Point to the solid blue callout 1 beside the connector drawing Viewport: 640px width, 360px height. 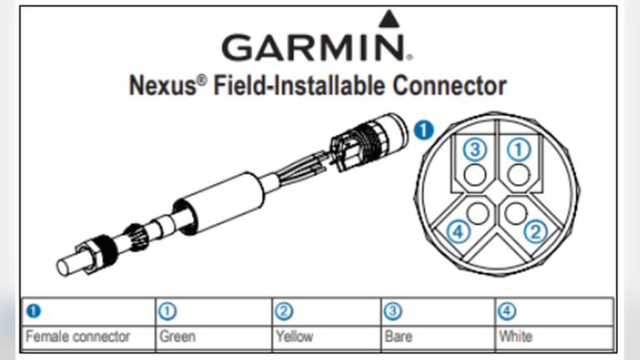pyautogui.click(x=424, y=129)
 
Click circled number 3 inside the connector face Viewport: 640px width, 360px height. pyautogui.click(x=474, y=150)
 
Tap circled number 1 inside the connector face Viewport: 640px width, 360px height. pyautogui.click(x=518, y=150)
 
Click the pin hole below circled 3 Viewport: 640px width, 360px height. pyautogui.click(x=475, y=174)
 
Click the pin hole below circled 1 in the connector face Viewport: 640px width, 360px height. pyautogui.click(x=518, y=174)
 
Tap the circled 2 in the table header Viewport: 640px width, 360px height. pyautogui.click(x=283, y=312)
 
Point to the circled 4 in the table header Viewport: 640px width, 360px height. pyautogui.click(x=507, y=312)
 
